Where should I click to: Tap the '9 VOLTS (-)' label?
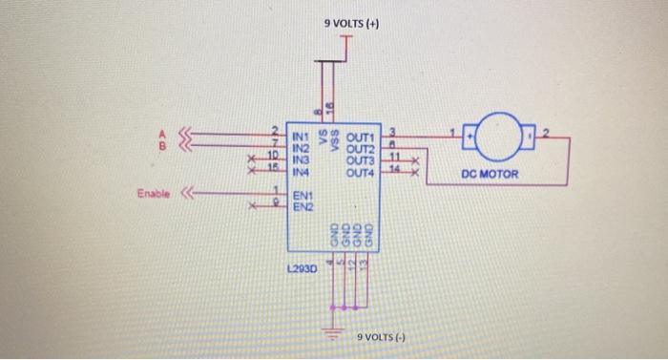click(x=381, y=338)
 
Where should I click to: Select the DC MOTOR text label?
click(x=489, y=176)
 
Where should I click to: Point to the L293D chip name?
click(x=303, y=270)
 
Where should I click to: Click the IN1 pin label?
click(x=301, y=139)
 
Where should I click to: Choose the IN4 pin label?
click(x=301, y=173)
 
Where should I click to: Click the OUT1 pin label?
click(x=362, y=139)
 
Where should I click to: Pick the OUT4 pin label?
click(x=362, y=173)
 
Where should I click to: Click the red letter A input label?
click(x=161, y=135)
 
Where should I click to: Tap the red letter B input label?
click(x=161, y=147)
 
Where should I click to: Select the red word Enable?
click(x=154, y=195)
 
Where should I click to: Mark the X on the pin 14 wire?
click(x=414, y=174)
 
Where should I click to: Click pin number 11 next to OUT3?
click(x=392, y=155)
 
